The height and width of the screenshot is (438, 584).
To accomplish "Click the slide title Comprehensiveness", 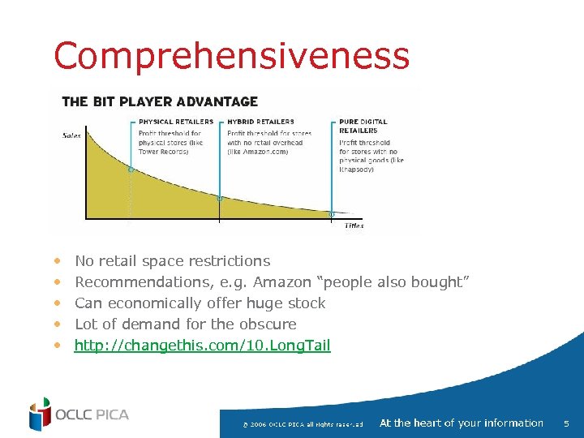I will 231,57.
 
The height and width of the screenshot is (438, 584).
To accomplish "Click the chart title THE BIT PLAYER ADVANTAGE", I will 160,102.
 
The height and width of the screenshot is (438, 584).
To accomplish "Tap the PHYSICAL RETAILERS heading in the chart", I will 176,122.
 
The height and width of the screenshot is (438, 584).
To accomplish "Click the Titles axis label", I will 354,225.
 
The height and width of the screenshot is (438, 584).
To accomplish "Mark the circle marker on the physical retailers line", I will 131,170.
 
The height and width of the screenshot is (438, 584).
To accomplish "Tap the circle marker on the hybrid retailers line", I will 219,198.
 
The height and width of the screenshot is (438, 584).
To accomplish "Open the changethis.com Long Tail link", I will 203,346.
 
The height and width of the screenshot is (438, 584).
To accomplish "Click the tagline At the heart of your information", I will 461,423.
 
